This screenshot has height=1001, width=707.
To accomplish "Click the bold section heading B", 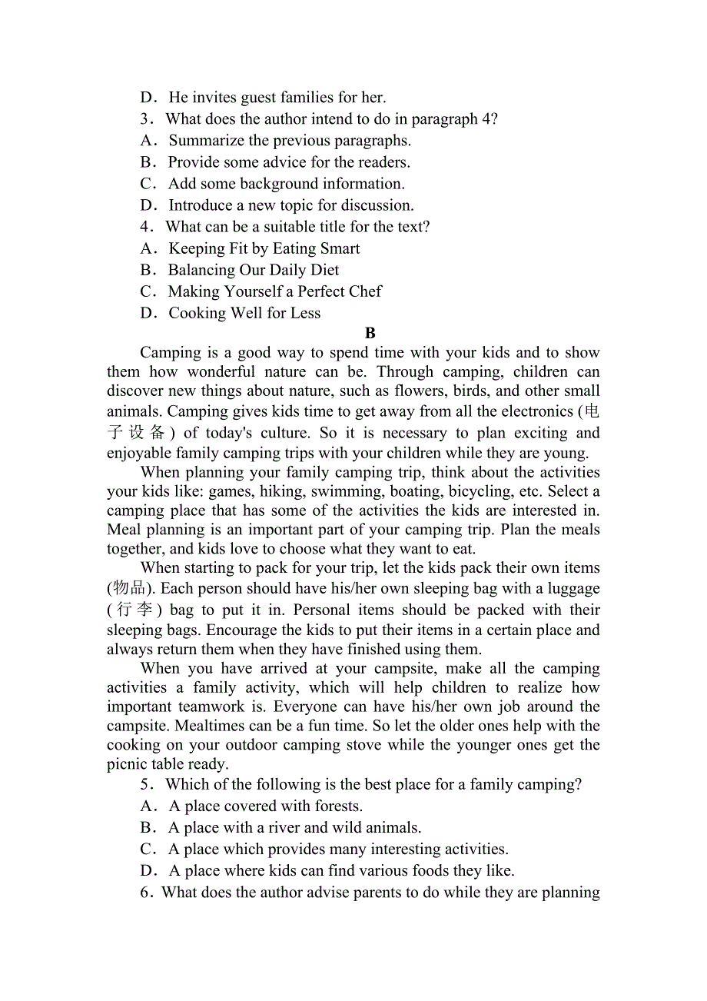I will pyautogui.click(x=370, y=333).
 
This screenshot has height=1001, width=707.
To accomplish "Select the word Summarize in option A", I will pyautogui.click(x=207, y=141).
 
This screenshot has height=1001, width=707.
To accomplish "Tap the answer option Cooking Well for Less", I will pyautogui.click(x=244, y=313).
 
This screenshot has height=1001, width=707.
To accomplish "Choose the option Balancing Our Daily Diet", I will pyautogui.click(x=253, y=270).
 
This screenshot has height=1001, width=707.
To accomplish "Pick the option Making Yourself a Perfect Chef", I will pyautogui.click(x=274, y=291).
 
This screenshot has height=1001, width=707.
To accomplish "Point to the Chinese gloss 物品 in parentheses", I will pyautogui.click(x=130, y=589).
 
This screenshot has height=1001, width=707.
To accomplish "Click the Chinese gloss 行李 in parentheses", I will pyautogui.click(x=134, y=610).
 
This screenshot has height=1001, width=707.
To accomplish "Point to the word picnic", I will pyautogui.click(x=128, y=764).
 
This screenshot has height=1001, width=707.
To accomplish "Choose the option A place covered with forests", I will pyautogui.click(x=265, y=806).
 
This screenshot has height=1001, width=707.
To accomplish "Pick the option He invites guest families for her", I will pyautogui.click(x=277, y=98).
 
